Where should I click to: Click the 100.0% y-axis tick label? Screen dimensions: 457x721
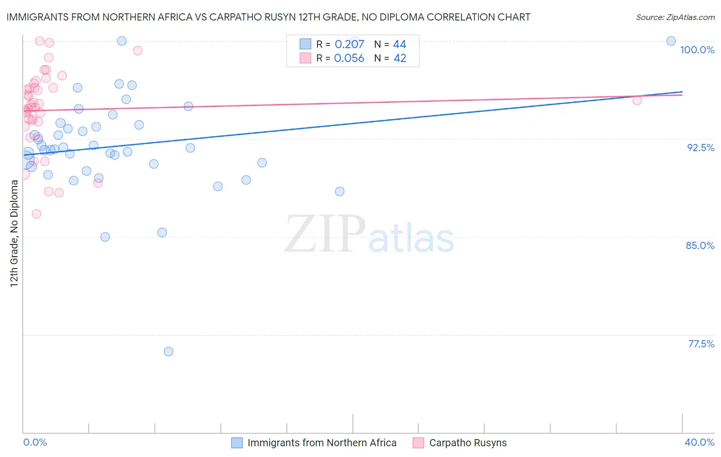click(697, 50)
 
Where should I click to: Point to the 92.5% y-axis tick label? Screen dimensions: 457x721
click(700, 148)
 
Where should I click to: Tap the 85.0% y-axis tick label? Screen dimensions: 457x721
click(700, 245)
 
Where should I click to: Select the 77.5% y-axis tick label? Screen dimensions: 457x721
click(701, 344)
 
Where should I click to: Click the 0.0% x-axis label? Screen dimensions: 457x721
click(35, 442)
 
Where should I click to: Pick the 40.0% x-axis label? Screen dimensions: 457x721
click(699, 442)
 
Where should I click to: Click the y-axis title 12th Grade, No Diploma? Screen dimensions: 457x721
click(14, 233)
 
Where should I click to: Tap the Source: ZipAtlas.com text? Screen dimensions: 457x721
click(675, 17)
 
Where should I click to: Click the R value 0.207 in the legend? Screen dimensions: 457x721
click(349, 45)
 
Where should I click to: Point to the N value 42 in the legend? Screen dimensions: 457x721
click(400, 58)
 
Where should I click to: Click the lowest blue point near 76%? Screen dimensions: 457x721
click(168, 351)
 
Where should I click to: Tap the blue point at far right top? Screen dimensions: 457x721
click(671, 41)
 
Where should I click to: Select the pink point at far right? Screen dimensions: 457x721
click(637, 100)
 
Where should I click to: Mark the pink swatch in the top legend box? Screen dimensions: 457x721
click(305, 58)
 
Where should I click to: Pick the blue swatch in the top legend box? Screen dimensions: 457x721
click(305, 44)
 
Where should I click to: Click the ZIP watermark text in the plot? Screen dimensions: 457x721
click(325, 234)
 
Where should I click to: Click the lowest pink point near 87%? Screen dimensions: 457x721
click(36, 214)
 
